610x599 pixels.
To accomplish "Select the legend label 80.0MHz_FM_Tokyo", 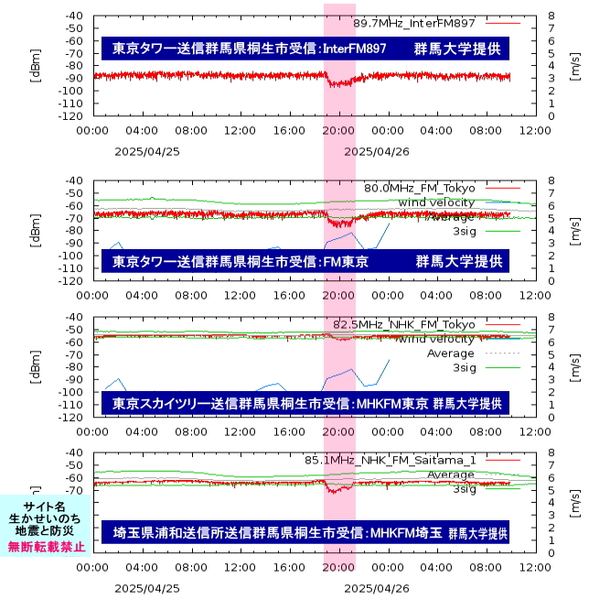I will click(x=420, y=188).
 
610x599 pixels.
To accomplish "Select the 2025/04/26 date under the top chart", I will click(x=381, y=151).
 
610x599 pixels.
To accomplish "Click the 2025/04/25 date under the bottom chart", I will click(x=146, y=587).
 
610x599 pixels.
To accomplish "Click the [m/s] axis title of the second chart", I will click(x=575, y=231).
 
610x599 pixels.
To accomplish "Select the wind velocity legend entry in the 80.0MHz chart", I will click(x=436, y=201).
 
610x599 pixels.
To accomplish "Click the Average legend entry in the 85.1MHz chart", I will click(x=451, y=474).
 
